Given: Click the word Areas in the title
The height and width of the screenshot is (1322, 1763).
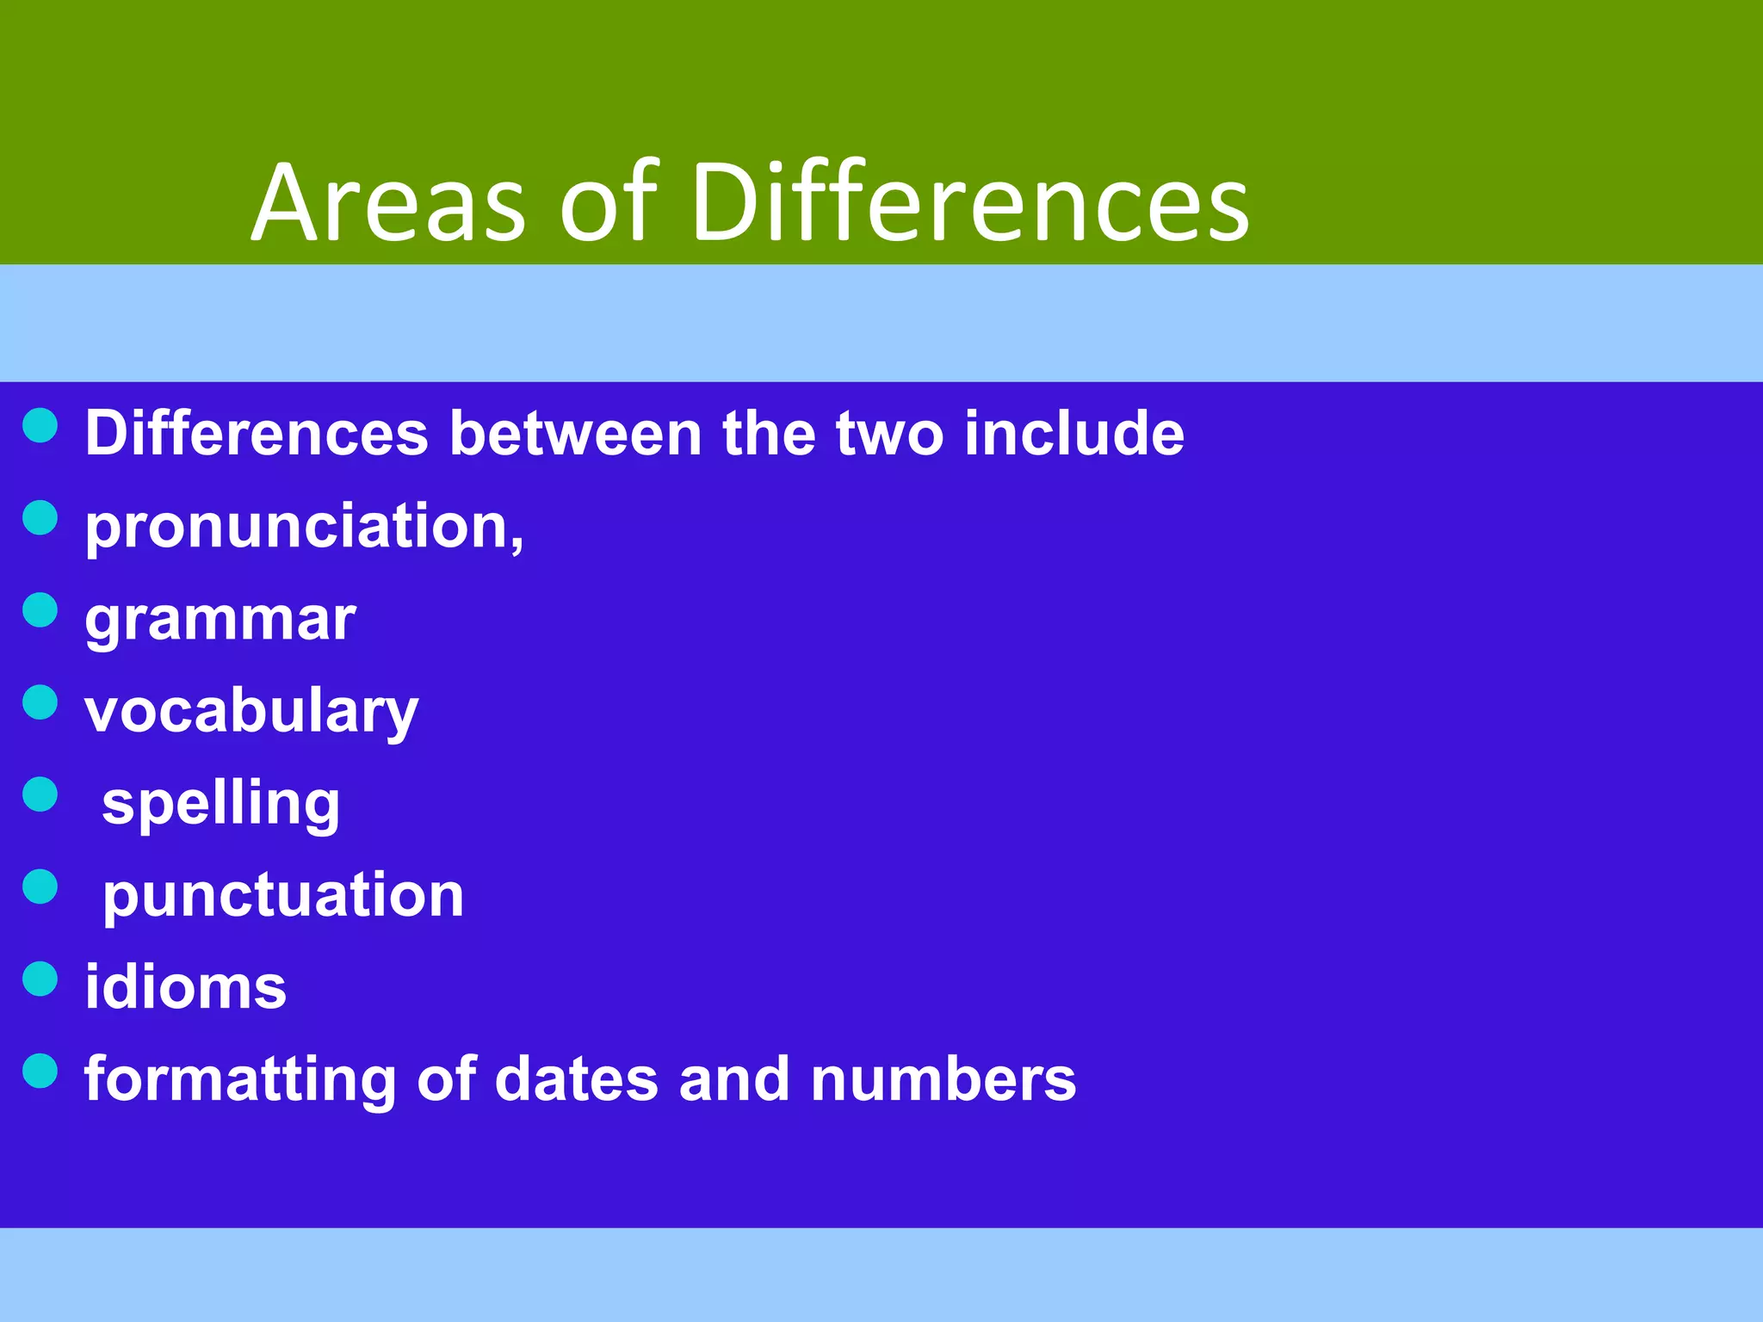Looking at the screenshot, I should (387, 203).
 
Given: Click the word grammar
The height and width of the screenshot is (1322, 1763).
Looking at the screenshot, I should (220, 620).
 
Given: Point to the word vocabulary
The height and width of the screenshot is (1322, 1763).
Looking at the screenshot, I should (251, 713).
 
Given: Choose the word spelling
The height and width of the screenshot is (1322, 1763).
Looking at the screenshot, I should (221, 805).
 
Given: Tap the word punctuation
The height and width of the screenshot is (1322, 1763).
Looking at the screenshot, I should (283, 897).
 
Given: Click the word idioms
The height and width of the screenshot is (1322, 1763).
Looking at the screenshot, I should (185, 987).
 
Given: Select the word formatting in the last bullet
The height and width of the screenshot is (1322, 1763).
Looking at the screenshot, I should (240, 1080).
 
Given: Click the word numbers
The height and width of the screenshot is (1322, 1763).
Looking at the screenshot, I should (943, 1079).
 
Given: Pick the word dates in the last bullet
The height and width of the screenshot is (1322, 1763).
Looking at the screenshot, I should (577, 1079).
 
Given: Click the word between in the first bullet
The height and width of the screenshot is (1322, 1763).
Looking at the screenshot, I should (575, 433).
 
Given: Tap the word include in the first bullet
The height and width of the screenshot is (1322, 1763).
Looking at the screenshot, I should (1074, 433).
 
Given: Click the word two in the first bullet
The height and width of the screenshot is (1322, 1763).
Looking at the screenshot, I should (889, 435).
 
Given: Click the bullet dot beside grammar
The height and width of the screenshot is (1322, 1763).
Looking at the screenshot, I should (40, 609).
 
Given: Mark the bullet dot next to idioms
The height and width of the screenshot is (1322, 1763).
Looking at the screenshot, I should (40, 979).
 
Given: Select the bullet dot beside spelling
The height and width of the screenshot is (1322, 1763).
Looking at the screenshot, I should (40, 794).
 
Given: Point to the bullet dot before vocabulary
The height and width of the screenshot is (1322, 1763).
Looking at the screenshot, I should (40, 701).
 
